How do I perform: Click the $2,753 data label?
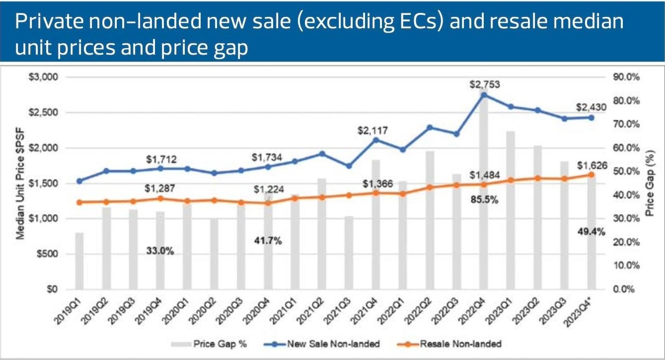[485, 85]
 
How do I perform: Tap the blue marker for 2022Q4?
[485, 95]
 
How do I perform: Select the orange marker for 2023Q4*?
[591, 174]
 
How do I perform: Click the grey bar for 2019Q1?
[79, 261]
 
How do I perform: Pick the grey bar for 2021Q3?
[349, 252]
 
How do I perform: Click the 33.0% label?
[160, 251]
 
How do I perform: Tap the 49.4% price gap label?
[591, 231]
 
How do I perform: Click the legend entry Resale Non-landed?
[459, 344]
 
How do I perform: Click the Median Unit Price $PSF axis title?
[21, 183]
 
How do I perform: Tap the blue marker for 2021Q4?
[376, 140]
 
